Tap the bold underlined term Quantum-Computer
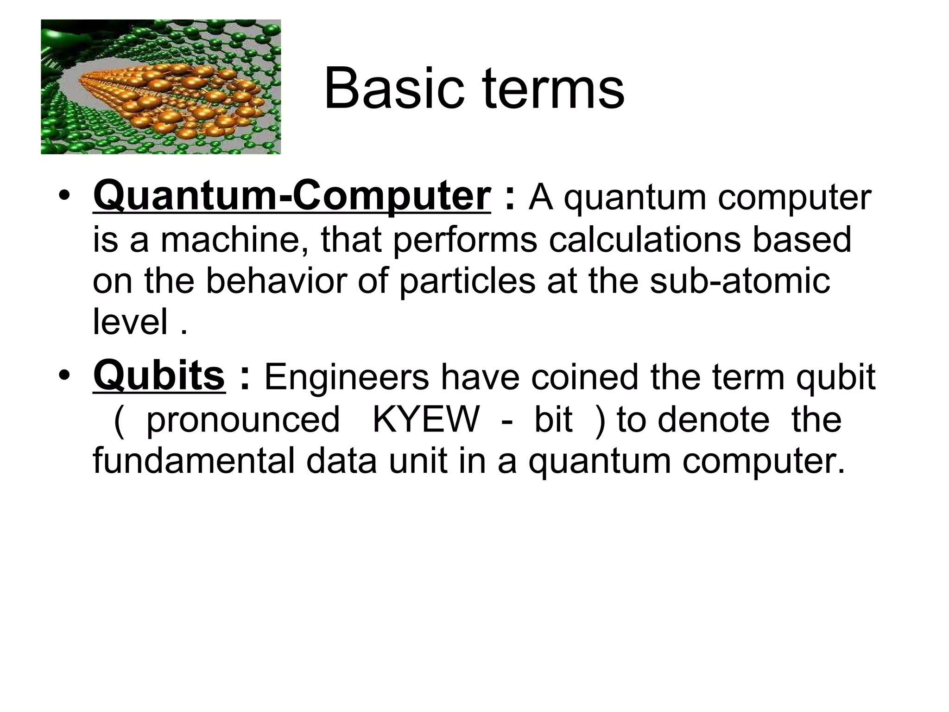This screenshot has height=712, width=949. [291, 196]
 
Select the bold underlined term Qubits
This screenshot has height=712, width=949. [159, 375]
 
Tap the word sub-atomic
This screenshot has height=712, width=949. [740, 281]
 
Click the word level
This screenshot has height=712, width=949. [130, 322]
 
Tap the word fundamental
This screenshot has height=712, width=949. [194, 461]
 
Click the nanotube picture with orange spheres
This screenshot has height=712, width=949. [161, 87]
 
